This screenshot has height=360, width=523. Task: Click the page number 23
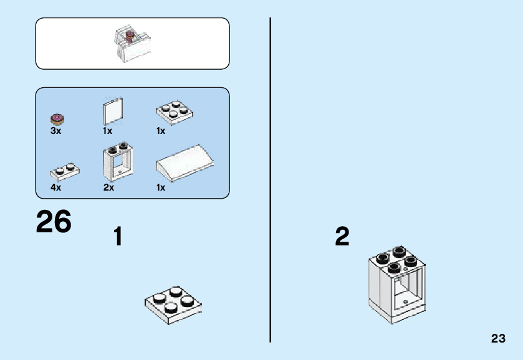point(497,339)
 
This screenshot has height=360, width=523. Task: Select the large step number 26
point(54,222)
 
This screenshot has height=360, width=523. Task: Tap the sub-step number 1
point(117,237)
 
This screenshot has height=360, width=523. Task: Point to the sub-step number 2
point(342,237)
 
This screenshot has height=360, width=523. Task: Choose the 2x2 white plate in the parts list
point(173,112)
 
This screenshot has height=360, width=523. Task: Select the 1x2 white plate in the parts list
point(64,171)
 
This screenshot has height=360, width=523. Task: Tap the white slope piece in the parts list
point(185,164)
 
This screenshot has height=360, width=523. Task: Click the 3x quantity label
point(56,131)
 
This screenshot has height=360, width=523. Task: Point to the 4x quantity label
point(56,187)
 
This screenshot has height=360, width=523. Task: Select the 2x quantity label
point(108,187)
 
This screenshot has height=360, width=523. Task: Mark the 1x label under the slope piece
point(161,187)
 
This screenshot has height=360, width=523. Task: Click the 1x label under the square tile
point(108,131)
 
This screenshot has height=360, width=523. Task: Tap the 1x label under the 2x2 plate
point(161,131)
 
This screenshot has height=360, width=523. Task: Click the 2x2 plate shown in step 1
point(173,303)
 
